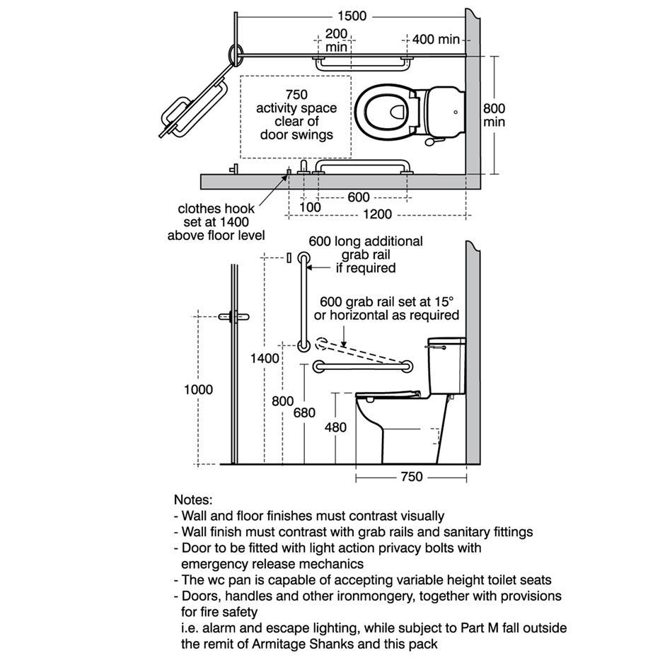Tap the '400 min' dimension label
click(x=436, y=39)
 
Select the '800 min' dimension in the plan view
click(x=495, y=115)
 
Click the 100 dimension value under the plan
click(x=310, y=207)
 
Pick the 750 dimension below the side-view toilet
click(x=411, y=477)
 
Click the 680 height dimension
click(x=304, y=413)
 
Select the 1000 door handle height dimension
click(x=198, y=389)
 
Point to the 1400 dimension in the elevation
click(x=265, y=359)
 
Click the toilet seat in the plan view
click(x=386, y=112)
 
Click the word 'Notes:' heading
click(x=192, y=499)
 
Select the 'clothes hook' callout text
click(x=216, y=209)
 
